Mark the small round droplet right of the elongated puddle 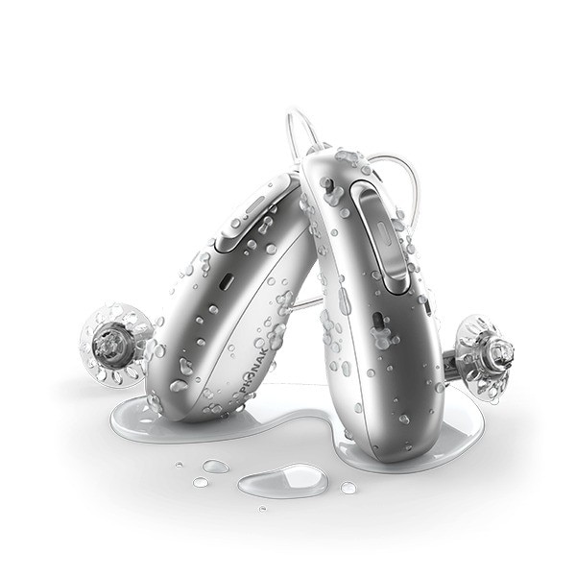point(348,488)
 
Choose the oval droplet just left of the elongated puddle point(215,467)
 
